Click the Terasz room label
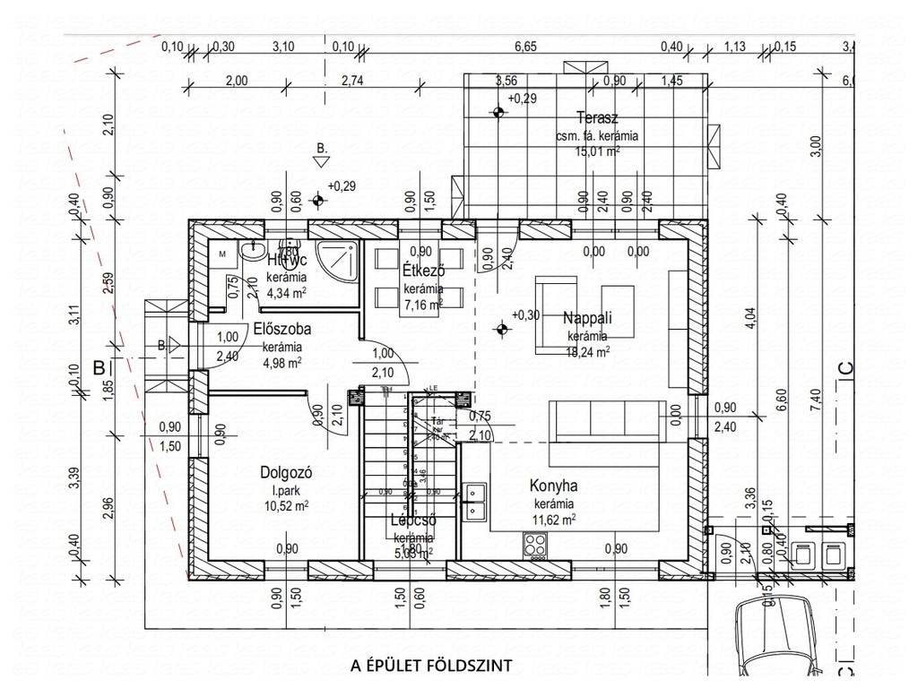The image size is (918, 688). pos(597,118)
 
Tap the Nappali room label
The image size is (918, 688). pos(586,318)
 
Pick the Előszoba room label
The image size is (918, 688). pos(281,328)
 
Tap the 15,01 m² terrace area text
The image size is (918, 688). pos(598,151)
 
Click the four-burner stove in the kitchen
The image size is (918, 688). pos(535,544)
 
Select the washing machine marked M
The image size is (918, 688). pos(222,254)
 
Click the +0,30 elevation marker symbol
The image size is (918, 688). pos(500,329)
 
